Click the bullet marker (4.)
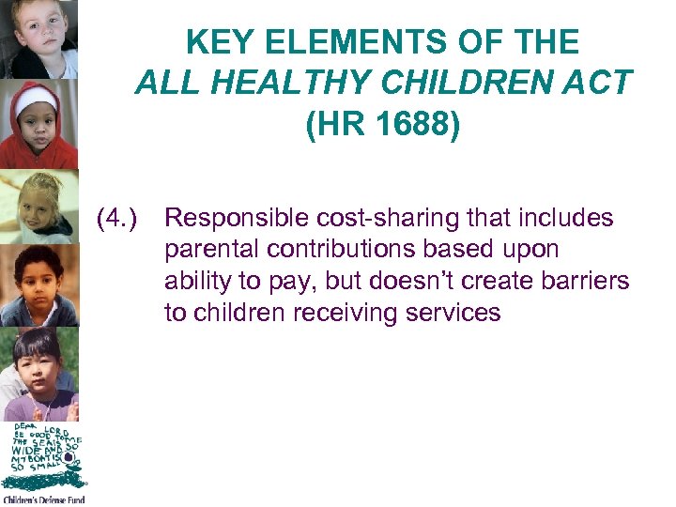coord(117,219)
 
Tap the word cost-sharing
coord(382,219)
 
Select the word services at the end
coord(455,312)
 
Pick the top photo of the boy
coord(38,39)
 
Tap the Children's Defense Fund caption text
coord(43,499)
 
